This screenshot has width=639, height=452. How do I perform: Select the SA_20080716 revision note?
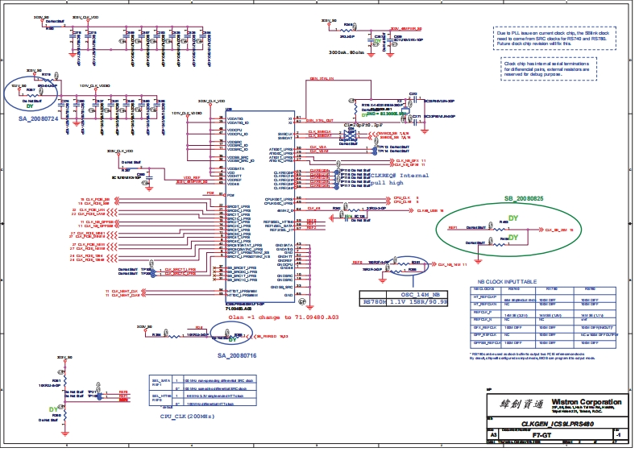click(237, 355)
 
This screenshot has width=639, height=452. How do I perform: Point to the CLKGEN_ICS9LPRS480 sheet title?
click(558, 424)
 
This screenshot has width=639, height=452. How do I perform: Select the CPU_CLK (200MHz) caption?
click(187, 416)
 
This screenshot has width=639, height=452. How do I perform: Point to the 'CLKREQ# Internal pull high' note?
click(396, 178)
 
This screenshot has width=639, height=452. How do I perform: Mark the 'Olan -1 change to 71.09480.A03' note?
click(262, 317)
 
